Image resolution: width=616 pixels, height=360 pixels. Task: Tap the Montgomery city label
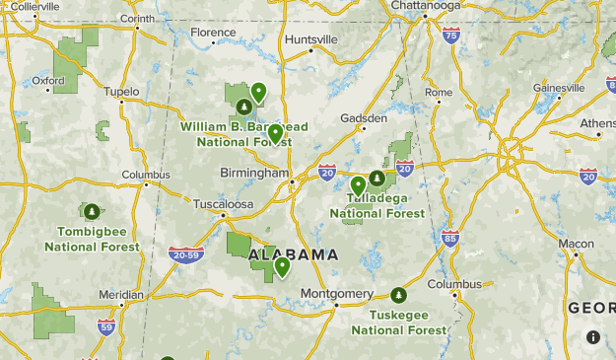[336, 294]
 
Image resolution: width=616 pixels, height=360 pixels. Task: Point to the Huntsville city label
[310, 39]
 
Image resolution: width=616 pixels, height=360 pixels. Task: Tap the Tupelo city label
[121, 92]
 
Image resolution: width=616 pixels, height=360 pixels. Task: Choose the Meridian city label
[120, 294]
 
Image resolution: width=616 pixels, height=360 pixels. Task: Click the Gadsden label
[364, 116]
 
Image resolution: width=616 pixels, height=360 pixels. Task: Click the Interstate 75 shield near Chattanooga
[450, 36]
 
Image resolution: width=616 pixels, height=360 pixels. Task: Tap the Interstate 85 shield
[450, 238]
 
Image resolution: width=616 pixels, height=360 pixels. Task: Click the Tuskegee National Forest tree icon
[398, 295]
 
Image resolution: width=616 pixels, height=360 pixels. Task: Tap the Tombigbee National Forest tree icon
[92, 211]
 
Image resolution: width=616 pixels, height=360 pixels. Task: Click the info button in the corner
[592, 337]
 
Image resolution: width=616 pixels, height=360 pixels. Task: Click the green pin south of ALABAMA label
[282, 266]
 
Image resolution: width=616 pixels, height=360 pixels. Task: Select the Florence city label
[213, 33]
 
